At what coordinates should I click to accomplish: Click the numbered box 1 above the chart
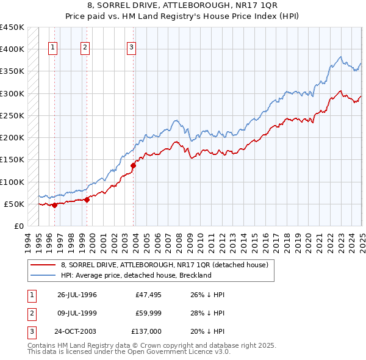point(53,49)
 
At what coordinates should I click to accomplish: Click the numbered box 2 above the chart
point(85,49)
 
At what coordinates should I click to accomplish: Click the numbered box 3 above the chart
point(131,49)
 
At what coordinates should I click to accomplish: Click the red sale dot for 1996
point(55,205)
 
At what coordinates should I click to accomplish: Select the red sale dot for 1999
point(87,199)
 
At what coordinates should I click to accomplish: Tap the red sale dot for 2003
point(133,165)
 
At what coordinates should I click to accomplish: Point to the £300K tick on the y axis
point(12,93)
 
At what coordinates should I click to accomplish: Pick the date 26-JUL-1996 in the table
point(77,295)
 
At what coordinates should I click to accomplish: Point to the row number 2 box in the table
point(30,313)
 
